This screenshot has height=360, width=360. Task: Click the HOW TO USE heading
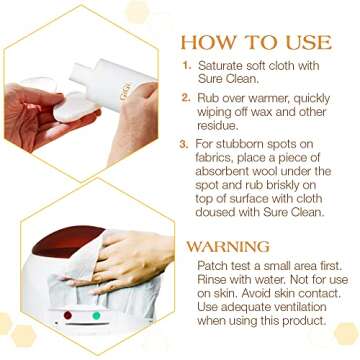(x=255, y=44)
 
